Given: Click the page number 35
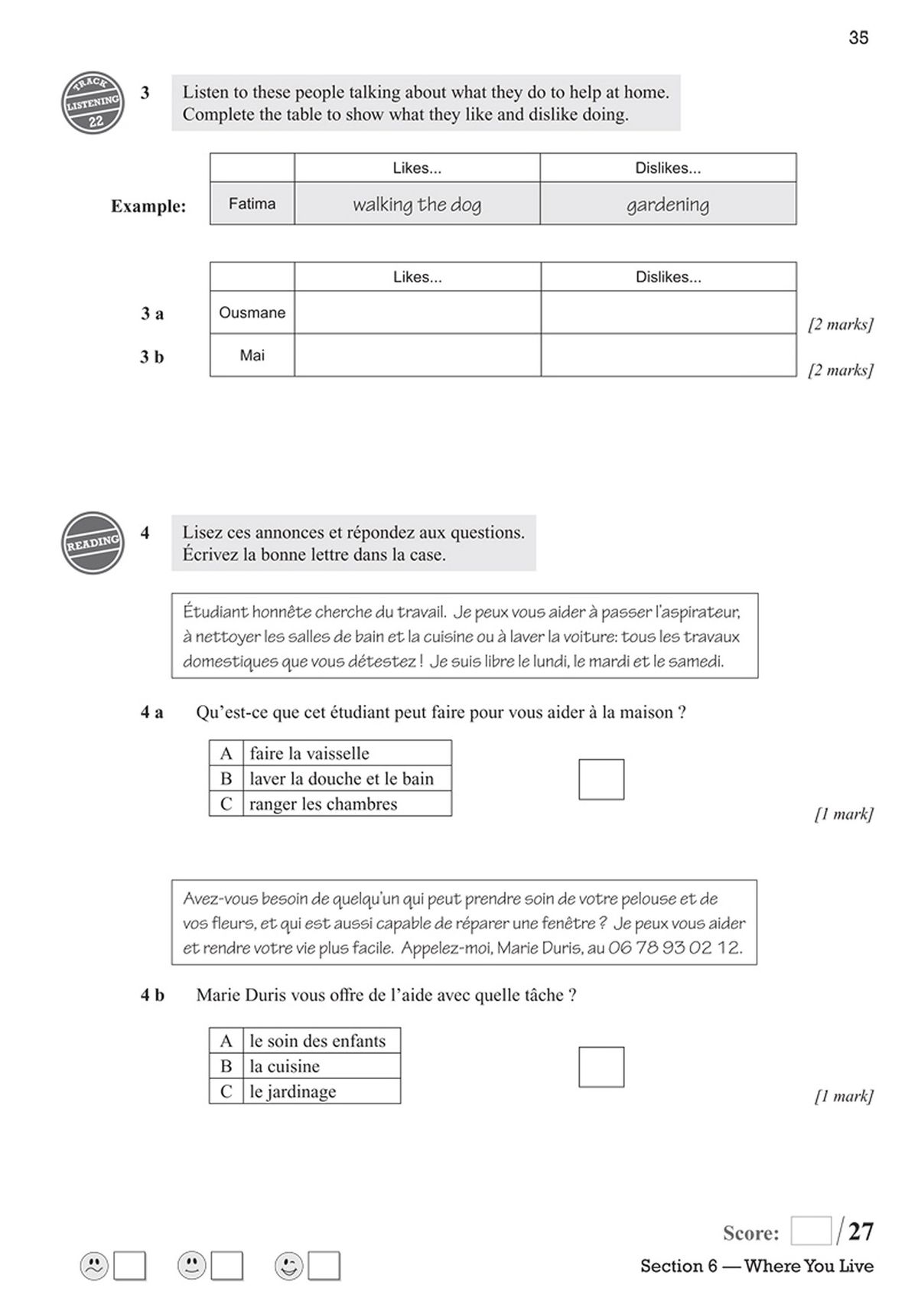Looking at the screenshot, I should tap(858, 38).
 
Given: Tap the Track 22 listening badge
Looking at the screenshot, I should tap(93, 103).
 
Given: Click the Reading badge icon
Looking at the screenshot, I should tap(93, 543).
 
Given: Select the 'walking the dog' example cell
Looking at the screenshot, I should tap(417, 204).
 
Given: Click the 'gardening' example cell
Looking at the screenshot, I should tap(667, 204).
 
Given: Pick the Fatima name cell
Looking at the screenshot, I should tap(252, 204).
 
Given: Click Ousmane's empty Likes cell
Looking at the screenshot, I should tap(417, 312).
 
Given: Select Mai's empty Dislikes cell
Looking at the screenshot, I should tap(668, 355).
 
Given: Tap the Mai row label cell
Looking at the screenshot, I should tap(252, 355).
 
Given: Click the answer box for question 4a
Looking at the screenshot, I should tap(601, 779).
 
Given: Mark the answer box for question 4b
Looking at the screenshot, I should tap(601, 1067).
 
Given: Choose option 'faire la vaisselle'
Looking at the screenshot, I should tap(309, 753).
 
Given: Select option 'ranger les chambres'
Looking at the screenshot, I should tap(323, 804).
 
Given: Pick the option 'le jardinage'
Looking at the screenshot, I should tap(292, 1091).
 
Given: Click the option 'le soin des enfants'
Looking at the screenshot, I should tap(317, 1041).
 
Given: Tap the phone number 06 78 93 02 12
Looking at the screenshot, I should tap(674, 947).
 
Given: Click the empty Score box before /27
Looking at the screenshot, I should tap(810, 1231).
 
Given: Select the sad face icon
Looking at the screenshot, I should tap(94, 1266).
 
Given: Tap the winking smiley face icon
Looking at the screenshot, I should tap(289, 1266).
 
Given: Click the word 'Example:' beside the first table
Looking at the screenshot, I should tap(148, 206).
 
